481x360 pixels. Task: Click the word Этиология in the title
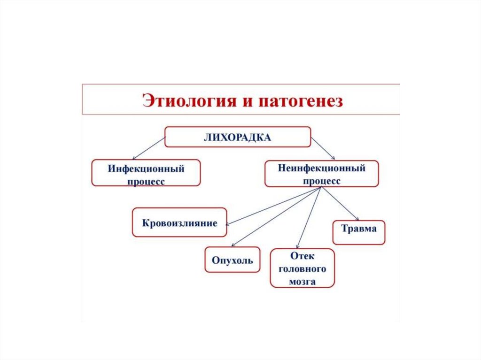[x=188, y=100]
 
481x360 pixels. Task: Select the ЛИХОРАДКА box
[x=237, y=137]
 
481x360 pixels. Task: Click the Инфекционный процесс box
[x=146, y=173]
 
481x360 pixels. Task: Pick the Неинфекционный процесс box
[x=321, y=173]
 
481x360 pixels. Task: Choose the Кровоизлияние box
[x=179, y=222]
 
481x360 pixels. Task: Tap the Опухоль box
[x=232, y=260]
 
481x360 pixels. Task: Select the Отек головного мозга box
[x=302, y=268]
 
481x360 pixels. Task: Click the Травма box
[x=358, y=232]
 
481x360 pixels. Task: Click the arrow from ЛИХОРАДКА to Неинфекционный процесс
[x=323, y=149]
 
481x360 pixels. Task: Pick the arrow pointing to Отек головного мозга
[x=309, y=217]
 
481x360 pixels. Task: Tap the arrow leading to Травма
[x=340, y=204]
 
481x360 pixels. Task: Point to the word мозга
[x=303, y=282]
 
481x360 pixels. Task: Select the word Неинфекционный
[x=321, y=167]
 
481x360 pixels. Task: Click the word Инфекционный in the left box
[x=146, y=168]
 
